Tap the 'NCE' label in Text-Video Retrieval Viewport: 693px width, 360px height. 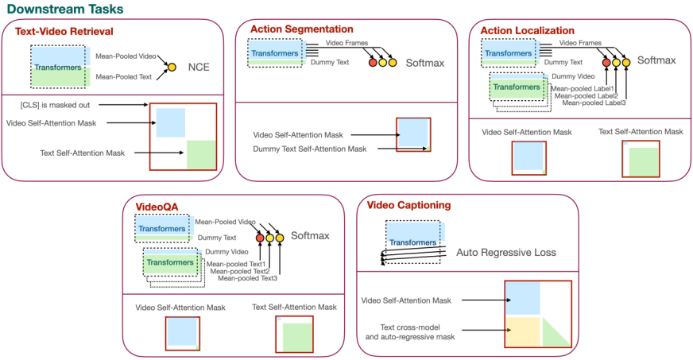(x=199, y=68)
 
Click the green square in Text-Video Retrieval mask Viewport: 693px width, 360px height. (x=201, y=153)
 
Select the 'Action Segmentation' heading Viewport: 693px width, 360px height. (x=301, y=29)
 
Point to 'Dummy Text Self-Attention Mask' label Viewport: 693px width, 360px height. (x=310, y=149)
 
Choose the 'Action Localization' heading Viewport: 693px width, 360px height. (x=527, y=30)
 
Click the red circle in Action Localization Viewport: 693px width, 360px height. (x=606, y=61)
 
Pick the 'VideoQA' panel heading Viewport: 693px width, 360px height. (x=157, y=207)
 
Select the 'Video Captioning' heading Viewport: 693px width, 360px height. (x=408, y=205)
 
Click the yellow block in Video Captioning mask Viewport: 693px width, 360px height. (x=522, y=331)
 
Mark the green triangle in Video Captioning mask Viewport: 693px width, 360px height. (x=556, y=335)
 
